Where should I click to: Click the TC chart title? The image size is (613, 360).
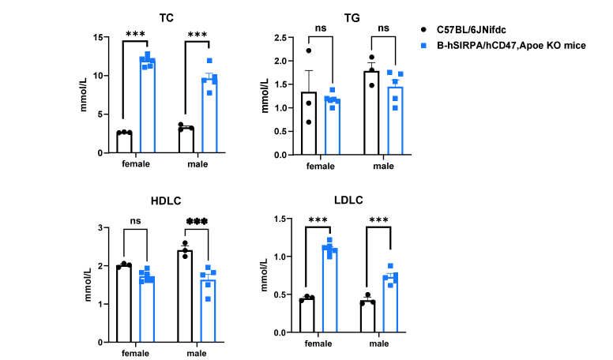pos(167,18)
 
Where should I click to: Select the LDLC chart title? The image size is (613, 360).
pos(348,200)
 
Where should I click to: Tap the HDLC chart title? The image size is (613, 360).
pos(166,201)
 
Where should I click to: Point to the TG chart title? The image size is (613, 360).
pos(352,18)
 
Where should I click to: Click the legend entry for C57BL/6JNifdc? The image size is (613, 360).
pos(471,30)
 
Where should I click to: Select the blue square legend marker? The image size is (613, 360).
pos(423,46)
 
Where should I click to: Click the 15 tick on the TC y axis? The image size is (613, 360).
pos(98,38)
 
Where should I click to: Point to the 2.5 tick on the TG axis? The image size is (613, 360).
pos(280,38)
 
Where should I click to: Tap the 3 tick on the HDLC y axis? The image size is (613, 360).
pos(100,227)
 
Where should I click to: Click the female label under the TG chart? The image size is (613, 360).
pos(321,166)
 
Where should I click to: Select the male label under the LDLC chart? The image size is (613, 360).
pos(379,343)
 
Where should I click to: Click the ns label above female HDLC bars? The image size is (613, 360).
pos(135,221)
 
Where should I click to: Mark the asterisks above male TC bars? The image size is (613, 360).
pos(197,35)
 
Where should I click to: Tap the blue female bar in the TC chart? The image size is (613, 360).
pos(148,106)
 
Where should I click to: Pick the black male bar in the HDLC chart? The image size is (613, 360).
pos(185,296)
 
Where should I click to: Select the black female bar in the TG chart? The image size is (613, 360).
pos(309,123)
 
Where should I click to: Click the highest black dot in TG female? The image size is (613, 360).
pos(308,51)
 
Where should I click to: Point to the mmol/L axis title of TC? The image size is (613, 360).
pos(83,96)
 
